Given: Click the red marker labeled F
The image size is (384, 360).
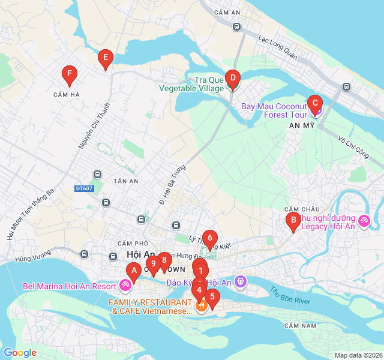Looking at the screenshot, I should [70, 75].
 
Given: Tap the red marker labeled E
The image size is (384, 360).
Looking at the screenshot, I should [106, 58].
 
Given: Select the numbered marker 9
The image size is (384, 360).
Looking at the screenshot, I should [154, 263].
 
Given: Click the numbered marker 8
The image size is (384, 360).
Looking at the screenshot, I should [163, 260].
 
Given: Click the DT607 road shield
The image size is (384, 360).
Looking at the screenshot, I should [84, 188].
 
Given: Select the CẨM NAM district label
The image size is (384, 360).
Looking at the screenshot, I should [300, 325].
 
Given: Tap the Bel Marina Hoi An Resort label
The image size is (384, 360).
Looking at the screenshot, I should [70, 286].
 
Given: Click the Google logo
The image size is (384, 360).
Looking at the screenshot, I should [20, 353].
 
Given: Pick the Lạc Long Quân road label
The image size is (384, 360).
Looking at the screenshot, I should [278, 47].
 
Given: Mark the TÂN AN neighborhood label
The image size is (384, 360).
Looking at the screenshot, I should [126, 181].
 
